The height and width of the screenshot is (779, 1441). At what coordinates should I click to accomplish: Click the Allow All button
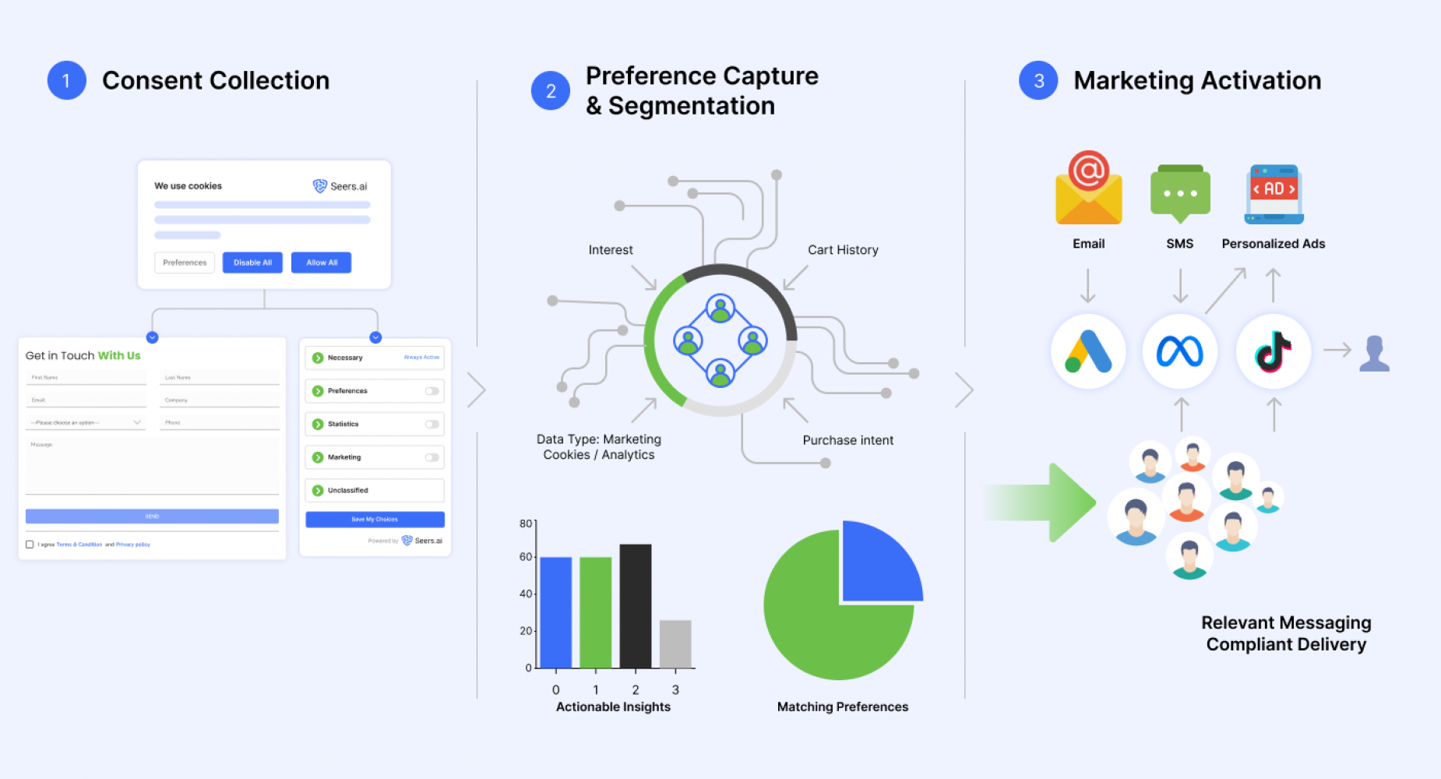point(321,263)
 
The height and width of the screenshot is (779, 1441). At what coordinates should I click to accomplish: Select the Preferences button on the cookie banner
point(185,263)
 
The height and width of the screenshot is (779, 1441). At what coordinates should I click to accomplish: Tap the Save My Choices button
point(375,519)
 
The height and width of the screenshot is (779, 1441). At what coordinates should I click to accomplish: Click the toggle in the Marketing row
point(432,457)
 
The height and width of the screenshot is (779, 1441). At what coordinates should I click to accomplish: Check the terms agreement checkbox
point(30,545)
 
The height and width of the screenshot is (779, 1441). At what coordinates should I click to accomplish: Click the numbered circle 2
point(551,91)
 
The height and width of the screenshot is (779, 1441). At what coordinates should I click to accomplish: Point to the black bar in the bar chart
point(635,605)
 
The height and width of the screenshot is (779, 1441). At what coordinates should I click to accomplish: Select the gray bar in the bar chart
point(675,643)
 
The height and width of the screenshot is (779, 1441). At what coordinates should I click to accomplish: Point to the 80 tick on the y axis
point(527,523)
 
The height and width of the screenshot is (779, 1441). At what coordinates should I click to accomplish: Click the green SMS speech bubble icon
point(1180,192)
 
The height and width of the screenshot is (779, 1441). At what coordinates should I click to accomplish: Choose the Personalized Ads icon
point(1274,194)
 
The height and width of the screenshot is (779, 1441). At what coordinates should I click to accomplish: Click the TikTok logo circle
point(1274,351)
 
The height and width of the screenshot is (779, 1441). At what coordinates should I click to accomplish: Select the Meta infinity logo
point(1180,351)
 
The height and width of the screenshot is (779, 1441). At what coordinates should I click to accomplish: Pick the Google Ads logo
point(1088,351)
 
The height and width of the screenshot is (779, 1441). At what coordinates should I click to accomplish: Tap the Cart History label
point(843,250)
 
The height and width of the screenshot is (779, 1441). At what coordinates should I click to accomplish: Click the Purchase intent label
point(847,440)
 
